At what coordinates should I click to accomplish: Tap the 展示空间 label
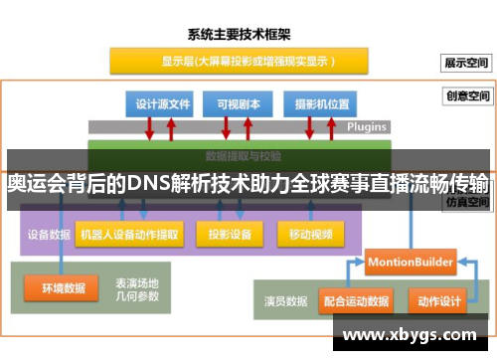[467, 62]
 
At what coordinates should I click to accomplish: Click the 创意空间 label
[467, 96]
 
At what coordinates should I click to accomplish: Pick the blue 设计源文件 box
[163, 102]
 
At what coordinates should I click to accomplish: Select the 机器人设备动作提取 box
[129, 235]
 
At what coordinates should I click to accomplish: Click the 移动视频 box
[310, 235]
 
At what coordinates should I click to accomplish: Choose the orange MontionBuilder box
[410, 263]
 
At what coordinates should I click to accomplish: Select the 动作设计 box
[438, 299]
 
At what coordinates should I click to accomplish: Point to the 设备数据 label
[48, 236]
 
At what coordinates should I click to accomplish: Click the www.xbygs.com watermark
[409, 335]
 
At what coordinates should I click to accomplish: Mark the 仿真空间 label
[467, 201]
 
